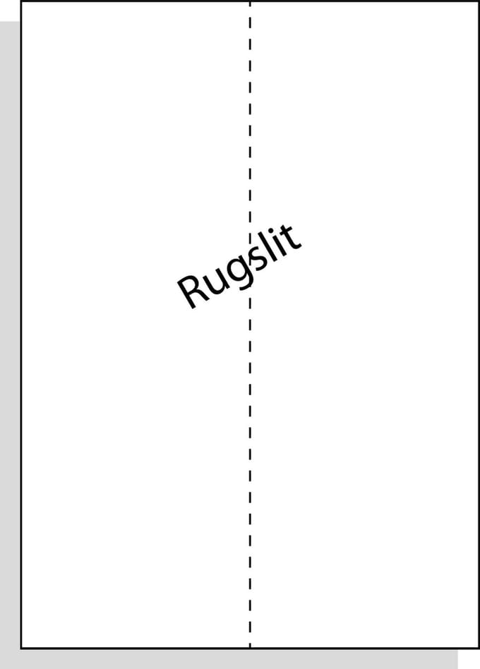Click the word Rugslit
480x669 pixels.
tap(239, 266)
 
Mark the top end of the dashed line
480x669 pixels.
tap(250, 1)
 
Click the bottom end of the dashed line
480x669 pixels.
tap(250, 648)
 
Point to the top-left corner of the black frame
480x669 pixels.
tap(21, 1)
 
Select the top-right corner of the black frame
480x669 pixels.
tap(479, 1)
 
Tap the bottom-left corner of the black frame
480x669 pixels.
tap(21, 648)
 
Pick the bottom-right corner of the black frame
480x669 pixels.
tap(479, 648)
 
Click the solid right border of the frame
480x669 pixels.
tap(479, 325)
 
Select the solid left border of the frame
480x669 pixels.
tap(21, 325)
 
